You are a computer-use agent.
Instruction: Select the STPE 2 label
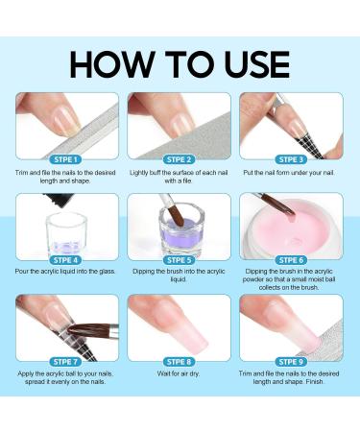click(x=179, y=158)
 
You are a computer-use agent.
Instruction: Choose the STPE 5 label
click(x=179, y=259)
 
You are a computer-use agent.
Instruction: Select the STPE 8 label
click(x=179, y=361)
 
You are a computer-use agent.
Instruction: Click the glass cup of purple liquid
click(x=181, y=230)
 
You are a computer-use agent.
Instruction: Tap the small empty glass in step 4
click(x=62, y=235)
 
